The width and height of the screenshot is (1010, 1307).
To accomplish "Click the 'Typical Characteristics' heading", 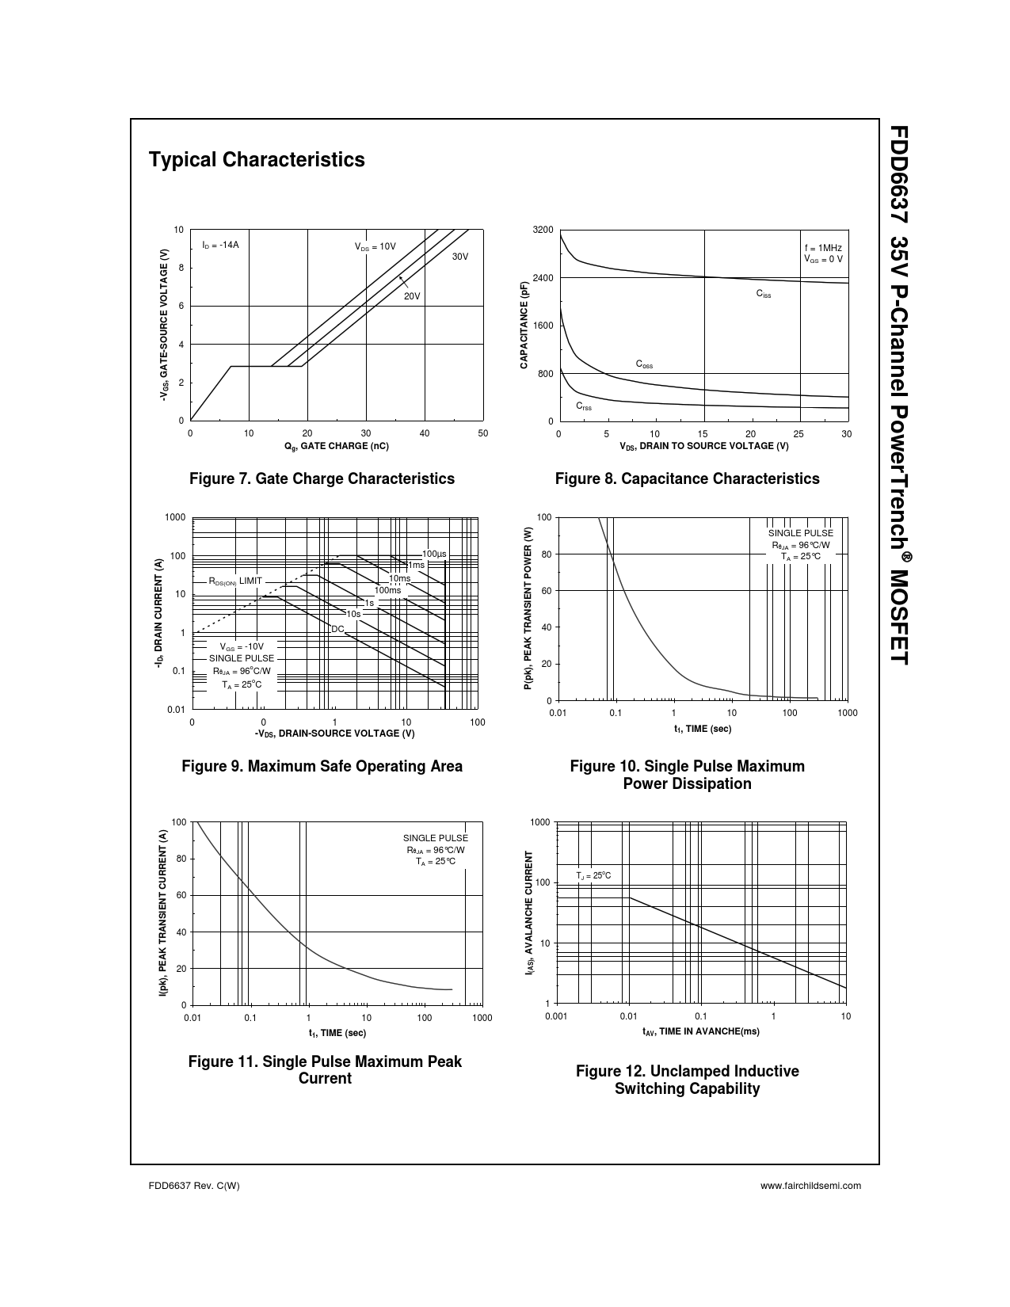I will point(257,160).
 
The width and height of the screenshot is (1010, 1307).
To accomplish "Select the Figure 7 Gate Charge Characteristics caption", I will point(322,478).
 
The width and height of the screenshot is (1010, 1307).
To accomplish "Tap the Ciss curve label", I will point(764,294).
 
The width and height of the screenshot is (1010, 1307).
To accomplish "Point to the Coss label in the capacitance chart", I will point(644,364).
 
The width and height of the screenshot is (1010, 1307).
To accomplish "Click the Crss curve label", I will point(584,406).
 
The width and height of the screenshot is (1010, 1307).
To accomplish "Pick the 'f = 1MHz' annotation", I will point(823,248).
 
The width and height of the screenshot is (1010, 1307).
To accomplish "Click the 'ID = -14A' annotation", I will point(220,245).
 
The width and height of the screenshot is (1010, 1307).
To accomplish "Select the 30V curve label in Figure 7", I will point(460,257).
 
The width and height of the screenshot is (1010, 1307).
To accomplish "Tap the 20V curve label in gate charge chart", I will point(412,296).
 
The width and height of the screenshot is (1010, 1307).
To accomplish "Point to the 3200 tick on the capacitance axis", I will point(543,230).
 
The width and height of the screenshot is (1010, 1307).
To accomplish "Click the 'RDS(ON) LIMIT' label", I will point(235,581).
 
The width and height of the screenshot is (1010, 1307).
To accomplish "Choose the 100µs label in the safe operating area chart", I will point(434,554).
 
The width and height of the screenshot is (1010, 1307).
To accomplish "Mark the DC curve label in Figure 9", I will point(338,629).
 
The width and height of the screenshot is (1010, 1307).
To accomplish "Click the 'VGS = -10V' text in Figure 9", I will point(242,646).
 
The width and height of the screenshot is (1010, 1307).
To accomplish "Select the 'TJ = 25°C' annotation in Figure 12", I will point(593,875).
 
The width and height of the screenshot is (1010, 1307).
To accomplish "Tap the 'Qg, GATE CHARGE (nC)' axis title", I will point(337,446).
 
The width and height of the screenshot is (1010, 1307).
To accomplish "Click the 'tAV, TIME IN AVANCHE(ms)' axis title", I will point(700,1031).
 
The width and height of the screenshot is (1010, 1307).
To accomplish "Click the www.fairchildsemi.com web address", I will point(810,1186).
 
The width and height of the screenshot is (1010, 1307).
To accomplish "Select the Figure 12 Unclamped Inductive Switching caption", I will point(687,1080).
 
